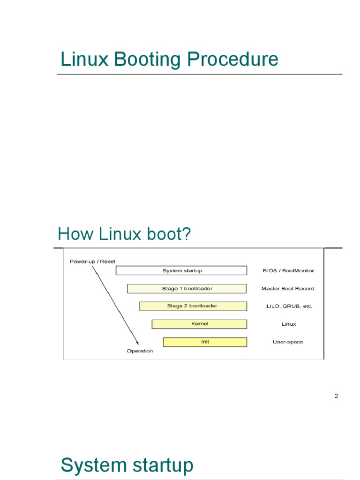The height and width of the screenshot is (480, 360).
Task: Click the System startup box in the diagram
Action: [x=181, y=270]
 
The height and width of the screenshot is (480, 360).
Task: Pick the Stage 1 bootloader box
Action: [x=187, y=289]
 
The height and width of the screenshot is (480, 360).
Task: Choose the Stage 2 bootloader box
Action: [x=193, y=306]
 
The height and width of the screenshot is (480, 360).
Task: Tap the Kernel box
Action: [x=199, y=324]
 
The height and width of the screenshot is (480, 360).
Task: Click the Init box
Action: [x=205, y=342]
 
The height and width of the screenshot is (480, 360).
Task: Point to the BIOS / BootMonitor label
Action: [x=288, y=270]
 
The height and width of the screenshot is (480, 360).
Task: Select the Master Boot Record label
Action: [x=288, y=289]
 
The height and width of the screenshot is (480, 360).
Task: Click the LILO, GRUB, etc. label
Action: [x=289, y=306]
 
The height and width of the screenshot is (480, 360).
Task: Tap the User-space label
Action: [x=288, y=342]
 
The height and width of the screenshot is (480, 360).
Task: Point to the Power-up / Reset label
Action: [x=92, y=261]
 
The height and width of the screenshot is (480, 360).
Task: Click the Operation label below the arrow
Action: [x=140, y=351]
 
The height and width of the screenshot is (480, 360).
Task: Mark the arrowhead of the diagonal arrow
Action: [x=137, y=342]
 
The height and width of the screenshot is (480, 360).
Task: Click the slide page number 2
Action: [x=336, y=396]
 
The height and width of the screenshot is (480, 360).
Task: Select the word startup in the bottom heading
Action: [x=161, y=465]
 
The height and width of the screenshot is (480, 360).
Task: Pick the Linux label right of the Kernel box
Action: [x=289, y=324]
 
